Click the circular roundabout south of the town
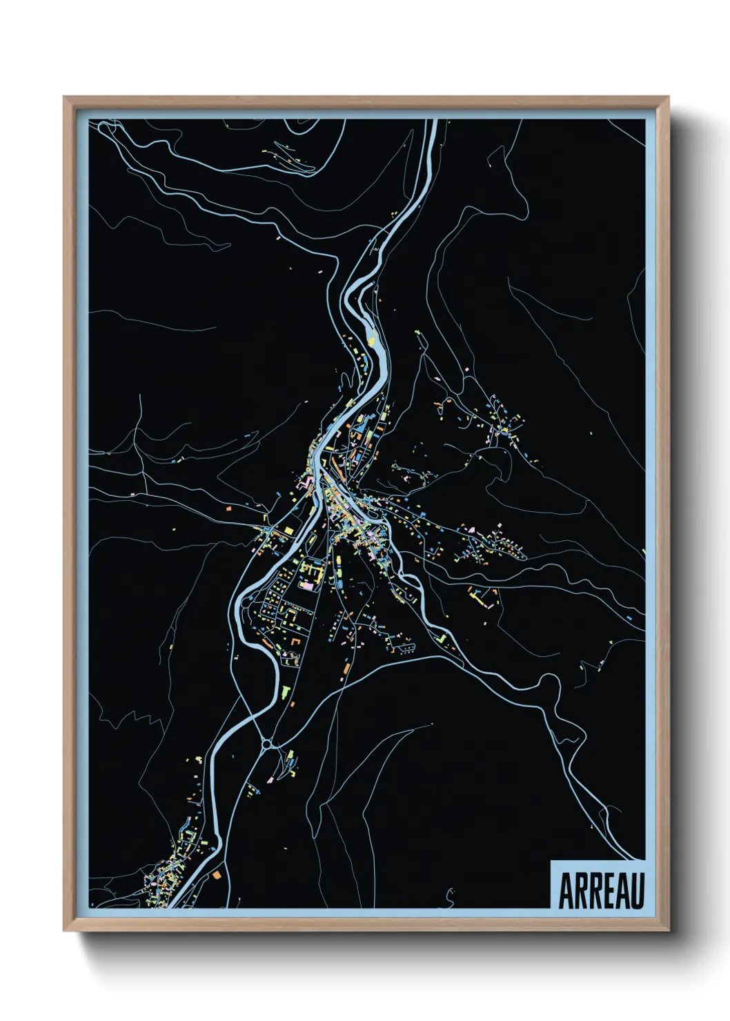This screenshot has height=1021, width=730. pyautogui.click(x=267, y=744)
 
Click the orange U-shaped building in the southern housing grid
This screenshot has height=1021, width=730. pyautogui.click(x=296, y=641)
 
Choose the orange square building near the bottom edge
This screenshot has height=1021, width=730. pyautogui.click(x=217, y=874)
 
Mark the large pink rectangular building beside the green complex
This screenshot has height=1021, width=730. pyautogui.click(x=308, y=586)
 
